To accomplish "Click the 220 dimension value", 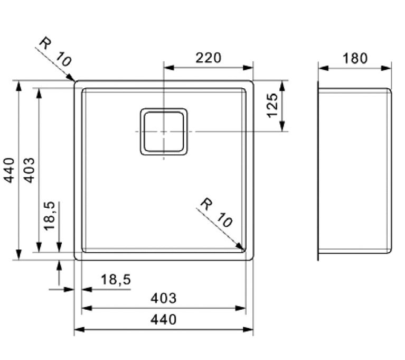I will click(208, 58).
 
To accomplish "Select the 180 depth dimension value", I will click(355, 58).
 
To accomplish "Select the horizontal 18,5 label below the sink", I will click(115, 280).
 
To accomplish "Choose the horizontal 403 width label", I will click(163, 298).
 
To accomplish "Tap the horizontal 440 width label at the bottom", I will click(163, 319).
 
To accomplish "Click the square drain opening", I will click(164, 132).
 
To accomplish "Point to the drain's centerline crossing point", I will click(164, 132).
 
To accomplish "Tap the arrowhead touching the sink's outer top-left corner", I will click(71, 78).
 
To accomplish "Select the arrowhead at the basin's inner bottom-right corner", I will click(241, 246).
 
